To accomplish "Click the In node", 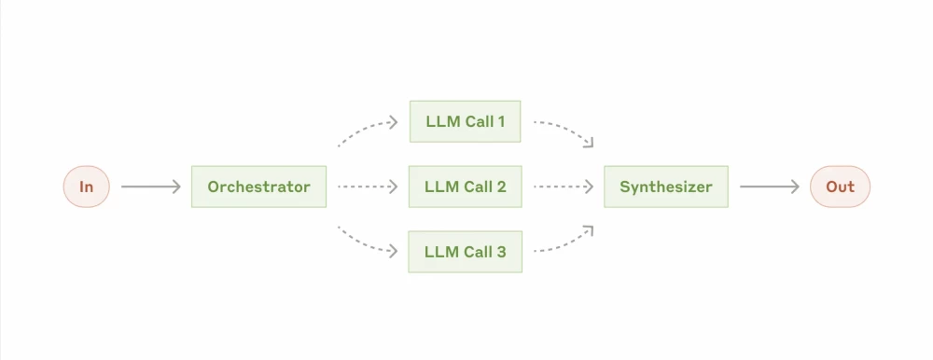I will [86, 187].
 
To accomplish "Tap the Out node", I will [840, 187].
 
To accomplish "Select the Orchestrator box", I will [258, 187].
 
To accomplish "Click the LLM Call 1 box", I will [465, 122].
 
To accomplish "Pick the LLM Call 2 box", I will [465, 187].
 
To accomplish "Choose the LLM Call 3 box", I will [465, 251].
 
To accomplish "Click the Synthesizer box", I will [665, 187].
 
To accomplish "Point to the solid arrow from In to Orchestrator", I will [149, 187].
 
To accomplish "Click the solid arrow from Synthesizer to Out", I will [769, 187].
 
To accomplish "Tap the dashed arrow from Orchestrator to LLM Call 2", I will [368, 187].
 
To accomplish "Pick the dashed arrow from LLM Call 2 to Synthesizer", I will [564, 187].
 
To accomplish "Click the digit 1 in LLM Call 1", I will [501, 122].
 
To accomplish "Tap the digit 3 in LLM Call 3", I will [501, 251].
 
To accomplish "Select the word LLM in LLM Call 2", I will [441, 187].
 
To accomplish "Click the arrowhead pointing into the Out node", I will [796, 187].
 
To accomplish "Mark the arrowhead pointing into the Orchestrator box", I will [176, 187].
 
